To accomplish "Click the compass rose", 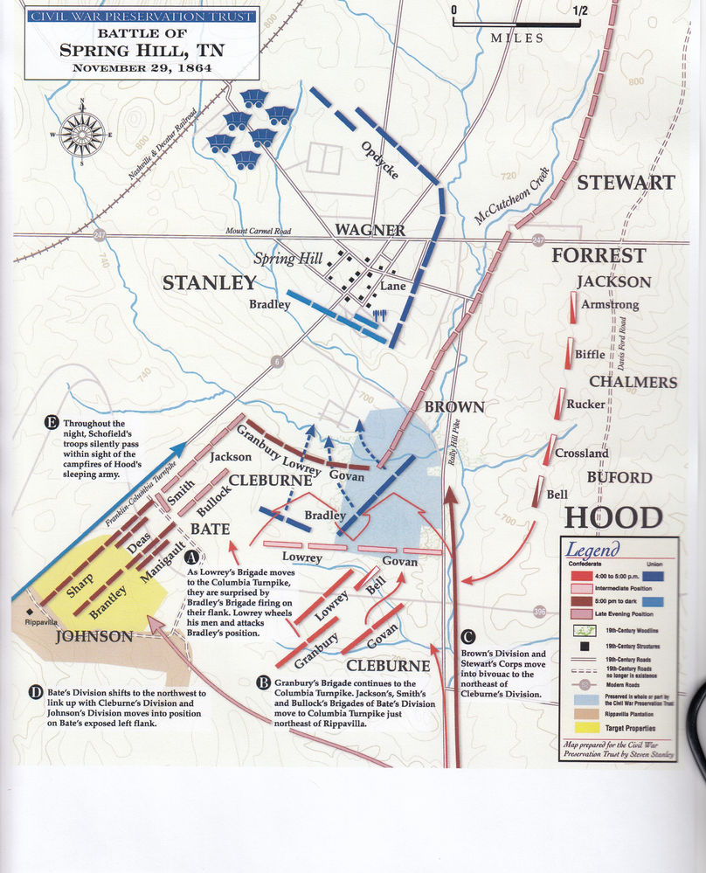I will pos(83,134).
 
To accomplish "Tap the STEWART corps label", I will pos(625,183).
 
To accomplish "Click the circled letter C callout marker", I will pos(472,636).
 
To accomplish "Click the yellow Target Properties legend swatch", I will pos(581,727).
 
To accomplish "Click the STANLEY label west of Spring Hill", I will pos(210,282).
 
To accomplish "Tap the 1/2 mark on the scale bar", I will pos(579,11).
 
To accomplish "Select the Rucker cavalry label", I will pos(585,405).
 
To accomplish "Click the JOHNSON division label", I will pos(94,637).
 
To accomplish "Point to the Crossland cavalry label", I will pos(582,454).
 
